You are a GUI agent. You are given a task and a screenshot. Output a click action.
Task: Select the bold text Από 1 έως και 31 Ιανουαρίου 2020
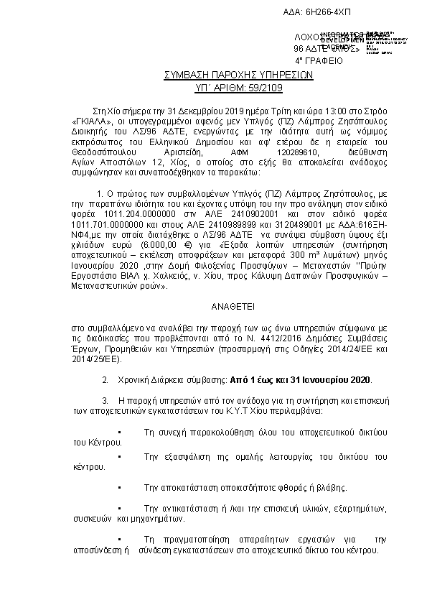click(x=301, y=379)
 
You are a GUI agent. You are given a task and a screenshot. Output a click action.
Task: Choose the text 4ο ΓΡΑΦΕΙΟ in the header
click(x=319, y=61)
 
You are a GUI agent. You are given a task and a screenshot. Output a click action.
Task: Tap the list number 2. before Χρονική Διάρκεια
click(x=106, y=379)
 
